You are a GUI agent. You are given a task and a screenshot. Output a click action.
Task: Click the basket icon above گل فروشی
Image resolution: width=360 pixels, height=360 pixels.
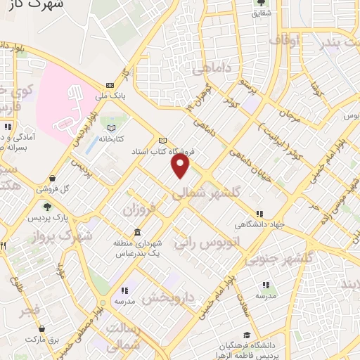point(53,179)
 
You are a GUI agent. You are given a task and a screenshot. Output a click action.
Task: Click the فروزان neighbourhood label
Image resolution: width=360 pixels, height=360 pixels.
point(138,210)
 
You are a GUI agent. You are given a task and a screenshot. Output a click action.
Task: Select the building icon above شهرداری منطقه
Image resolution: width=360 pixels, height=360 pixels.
point(136,233)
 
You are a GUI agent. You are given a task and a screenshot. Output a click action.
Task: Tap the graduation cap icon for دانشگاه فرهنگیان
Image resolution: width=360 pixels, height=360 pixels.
point(246,335)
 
